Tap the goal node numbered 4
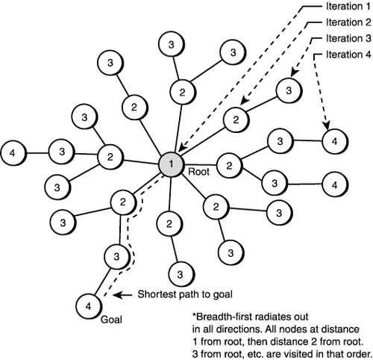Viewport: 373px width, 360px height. point(89,305)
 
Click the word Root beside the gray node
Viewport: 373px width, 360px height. point(199,170)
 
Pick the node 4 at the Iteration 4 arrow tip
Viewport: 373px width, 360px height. point(334,139)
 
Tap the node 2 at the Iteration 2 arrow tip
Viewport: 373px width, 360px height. point(236,119)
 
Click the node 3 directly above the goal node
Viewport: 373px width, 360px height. point(114,257)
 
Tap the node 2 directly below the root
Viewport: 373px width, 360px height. point(170,224)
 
